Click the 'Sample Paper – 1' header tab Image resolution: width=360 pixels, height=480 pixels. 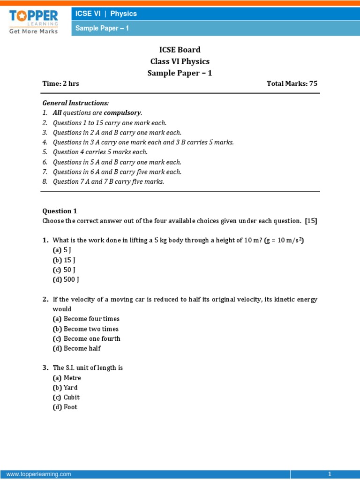pyautogui.click(x=102, y=28)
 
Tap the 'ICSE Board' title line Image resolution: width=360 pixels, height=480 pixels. pyautogui.click(x=180, y=50)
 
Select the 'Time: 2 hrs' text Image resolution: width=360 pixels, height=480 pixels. pyautogui.click(x=61, y=83)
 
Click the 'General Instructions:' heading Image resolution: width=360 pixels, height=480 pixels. pyautogui.click(x=75, y=103)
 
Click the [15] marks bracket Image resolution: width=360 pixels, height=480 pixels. pyautogui.click(x=311, y=221)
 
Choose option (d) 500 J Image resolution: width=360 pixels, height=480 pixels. pyautogui.click(x=66, y=280)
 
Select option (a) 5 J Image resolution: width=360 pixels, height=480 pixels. pyautogui.click(x=62, y=250)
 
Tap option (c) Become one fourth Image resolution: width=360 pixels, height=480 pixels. pyautogui.click(x=87, y=338)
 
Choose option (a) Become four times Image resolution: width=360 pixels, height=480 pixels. pyautogui.click(x=86, y=319)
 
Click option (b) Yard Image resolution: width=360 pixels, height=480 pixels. pyautogui.click(x=65, y=388)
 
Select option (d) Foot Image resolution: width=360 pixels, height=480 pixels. pyautogui.click(x=65, y=407)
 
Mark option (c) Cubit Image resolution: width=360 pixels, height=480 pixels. pyautogui.click(x=66, y=397)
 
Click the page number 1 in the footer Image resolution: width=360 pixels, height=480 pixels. pyautogui.click(x=330, y=474)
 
